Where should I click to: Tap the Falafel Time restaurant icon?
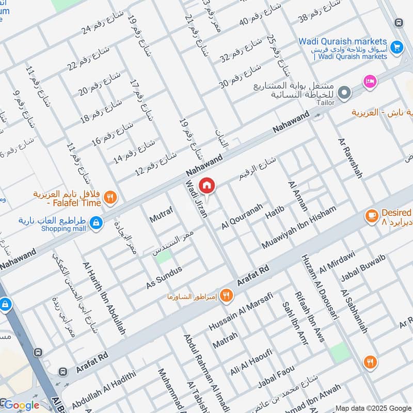tap(109, 197)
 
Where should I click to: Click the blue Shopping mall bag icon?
tap(96, 223)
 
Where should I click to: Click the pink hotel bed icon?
tap(370, 81)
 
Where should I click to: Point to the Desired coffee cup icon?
tap(371, 215)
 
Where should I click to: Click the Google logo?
tap(21, 405)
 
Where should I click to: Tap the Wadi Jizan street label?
tap(197, 199)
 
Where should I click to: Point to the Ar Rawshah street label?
tap(350, 158)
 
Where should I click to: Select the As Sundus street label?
tap(164, 278)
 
